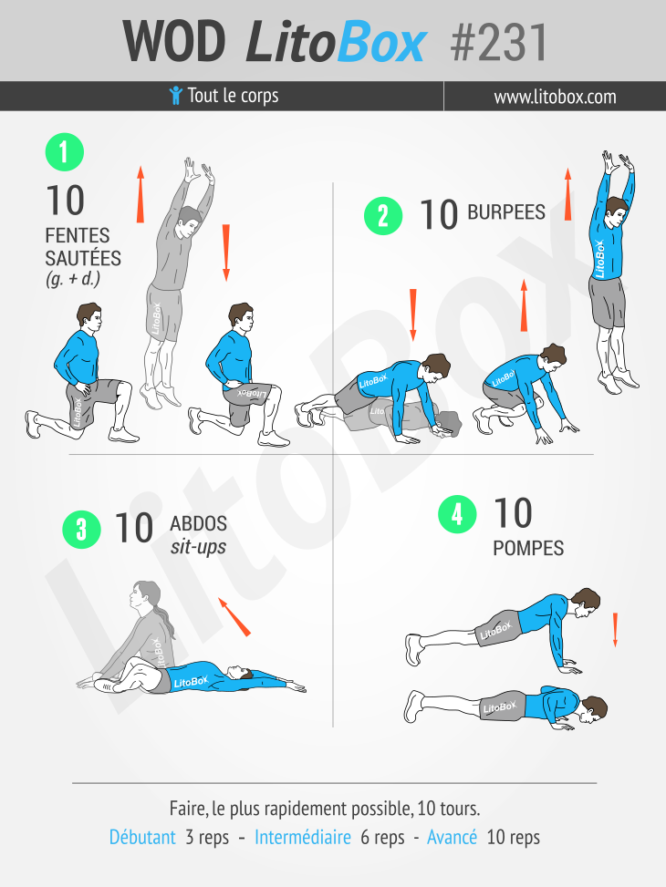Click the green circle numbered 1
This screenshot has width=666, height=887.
click(x=65, y=152)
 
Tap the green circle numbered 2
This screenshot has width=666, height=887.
click(x=383, y=216)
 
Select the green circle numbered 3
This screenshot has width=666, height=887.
click(x=81, y=530)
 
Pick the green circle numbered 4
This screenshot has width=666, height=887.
click(x=457, y=514)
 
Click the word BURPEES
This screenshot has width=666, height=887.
click(x=506, y=212)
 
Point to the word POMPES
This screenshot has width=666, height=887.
click(x=528, y=548)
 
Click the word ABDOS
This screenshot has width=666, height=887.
click(x=198, y=524)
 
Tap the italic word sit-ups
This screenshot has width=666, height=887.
click(x=198, y=547)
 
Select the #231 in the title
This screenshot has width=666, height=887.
click(x=499, y=43)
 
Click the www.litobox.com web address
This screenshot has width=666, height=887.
click(x=555, y=97)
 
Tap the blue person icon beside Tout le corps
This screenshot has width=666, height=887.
click(x=175, y=96)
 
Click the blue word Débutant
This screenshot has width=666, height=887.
click(x=142, y=837)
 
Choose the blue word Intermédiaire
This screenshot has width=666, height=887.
click(x=303, y=837)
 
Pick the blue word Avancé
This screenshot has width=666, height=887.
click(x=452, y=837)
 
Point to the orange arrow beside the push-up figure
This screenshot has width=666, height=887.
click(x=615, y=630)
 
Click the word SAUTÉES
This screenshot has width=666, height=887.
click(x=83, y=258)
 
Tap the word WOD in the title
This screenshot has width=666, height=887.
click(x=174, y=42)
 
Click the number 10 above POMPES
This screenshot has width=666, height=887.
click(x=513, y=513)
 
